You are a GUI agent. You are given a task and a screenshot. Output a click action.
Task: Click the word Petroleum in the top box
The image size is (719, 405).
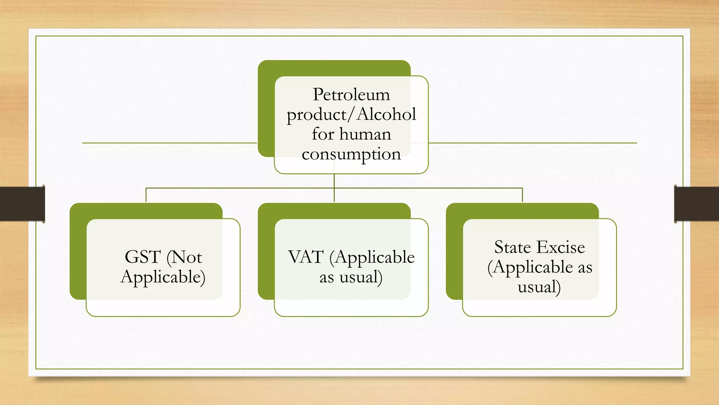[351, 95]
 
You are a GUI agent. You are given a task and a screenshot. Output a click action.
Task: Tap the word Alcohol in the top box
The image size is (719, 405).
[387, 115]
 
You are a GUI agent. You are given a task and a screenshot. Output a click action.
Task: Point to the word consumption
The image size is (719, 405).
[351, 154]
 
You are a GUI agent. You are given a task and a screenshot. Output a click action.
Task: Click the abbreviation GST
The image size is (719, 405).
[143, 257]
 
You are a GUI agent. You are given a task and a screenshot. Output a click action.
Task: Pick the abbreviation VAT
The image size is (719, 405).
[306, 257]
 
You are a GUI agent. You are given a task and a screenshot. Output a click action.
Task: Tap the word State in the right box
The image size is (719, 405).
[513, 247]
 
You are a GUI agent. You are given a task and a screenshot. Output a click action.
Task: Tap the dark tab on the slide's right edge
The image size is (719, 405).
[697, 204]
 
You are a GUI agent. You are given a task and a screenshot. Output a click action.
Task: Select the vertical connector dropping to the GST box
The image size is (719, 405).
[146, 195]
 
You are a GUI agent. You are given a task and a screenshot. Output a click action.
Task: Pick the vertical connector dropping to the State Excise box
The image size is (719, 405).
[522, 195]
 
